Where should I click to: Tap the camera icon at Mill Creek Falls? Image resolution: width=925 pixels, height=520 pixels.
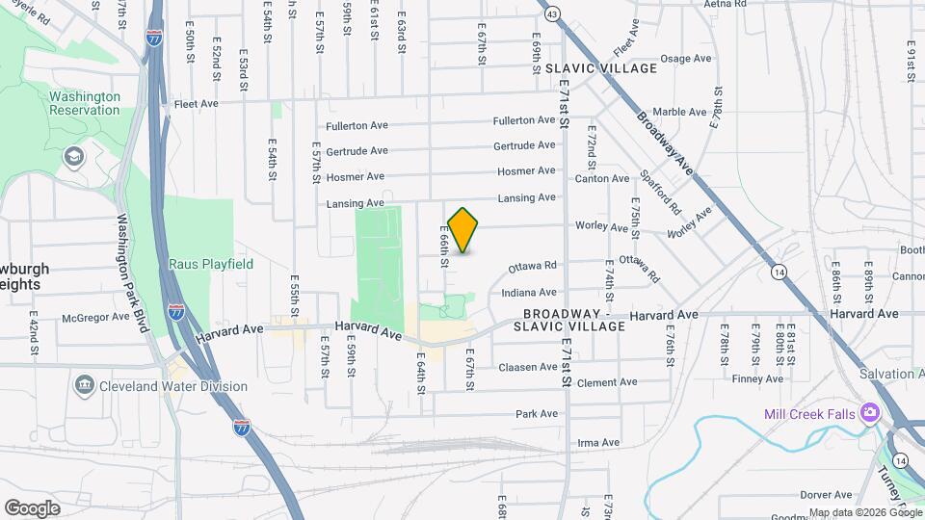click(870, 412)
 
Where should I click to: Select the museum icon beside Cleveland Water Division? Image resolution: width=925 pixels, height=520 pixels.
click(84, 386)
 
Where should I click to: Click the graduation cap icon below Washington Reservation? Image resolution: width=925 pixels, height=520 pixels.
click(73, 156)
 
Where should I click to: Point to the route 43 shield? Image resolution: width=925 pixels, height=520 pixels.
click(551, 14)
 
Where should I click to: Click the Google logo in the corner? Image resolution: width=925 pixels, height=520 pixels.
click(32, 507)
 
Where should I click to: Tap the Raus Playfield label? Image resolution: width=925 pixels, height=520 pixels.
click(211, 264)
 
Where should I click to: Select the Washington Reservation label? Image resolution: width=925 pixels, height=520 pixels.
click(85, 103)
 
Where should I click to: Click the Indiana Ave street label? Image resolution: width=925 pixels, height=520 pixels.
click(528, 292)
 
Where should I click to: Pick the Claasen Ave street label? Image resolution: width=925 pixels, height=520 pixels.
click(528, 367)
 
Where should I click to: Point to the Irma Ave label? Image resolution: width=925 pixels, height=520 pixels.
click(597, 443)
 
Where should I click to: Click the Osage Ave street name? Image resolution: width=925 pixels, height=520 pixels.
click(686, 59)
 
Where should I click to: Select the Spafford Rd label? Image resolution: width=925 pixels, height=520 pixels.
click(660, 193)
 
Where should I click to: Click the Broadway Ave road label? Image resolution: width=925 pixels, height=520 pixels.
click(665, 142)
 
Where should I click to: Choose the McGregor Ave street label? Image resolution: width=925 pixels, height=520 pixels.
click(94, 316)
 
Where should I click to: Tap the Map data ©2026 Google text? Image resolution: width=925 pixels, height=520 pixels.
click(864, 512)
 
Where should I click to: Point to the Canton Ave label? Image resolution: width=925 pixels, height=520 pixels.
click(602, 178)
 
